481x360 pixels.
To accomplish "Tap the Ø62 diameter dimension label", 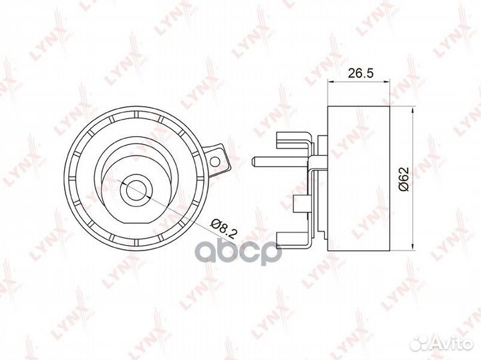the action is point(404,179).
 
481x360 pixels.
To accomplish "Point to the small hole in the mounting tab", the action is point(216,161).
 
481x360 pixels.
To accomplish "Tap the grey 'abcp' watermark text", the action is point(238,253).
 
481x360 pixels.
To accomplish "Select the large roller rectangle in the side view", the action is point(359,178).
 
